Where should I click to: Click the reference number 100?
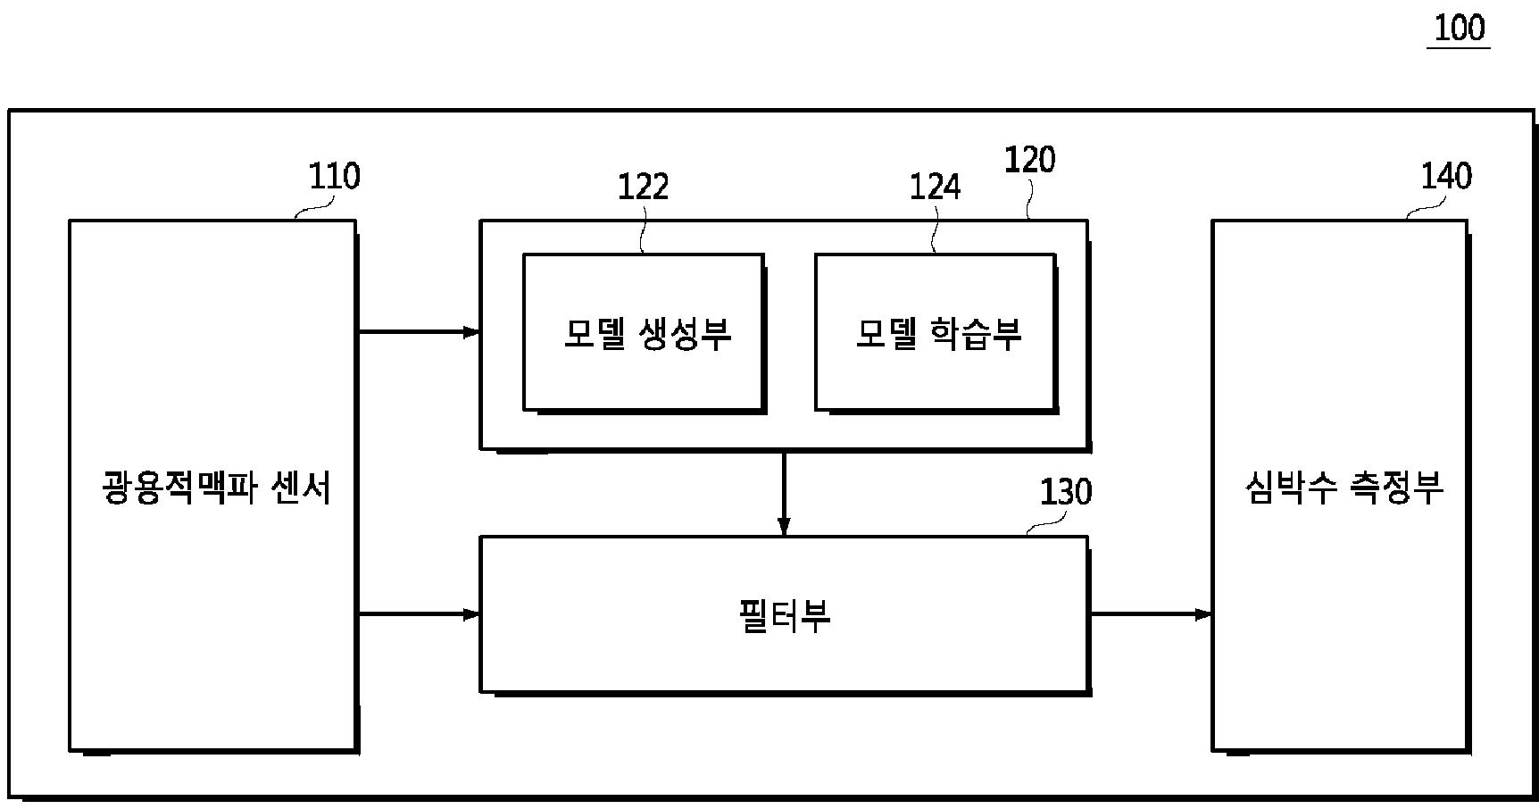click(1460, 28)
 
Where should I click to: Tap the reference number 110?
click(334, 176)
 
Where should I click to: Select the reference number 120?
click(1029, 160)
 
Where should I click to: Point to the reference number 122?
click(643, 187)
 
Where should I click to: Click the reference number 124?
click(935, 187)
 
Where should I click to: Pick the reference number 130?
click(1065, 492)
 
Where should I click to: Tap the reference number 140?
click(1445, 176)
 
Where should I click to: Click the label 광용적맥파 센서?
click(217, 488)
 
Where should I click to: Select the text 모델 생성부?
click(647, 333)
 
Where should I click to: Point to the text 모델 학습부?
click(938, 333)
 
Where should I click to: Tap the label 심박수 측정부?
click(1344, 488)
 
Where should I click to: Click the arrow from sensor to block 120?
click(419, 332)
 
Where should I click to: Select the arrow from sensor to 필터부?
click(419, 614)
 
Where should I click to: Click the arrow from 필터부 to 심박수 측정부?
click(1150, 614)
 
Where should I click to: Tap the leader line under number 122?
click(643, 230)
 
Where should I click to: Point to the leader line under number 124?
click(935, 230)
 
